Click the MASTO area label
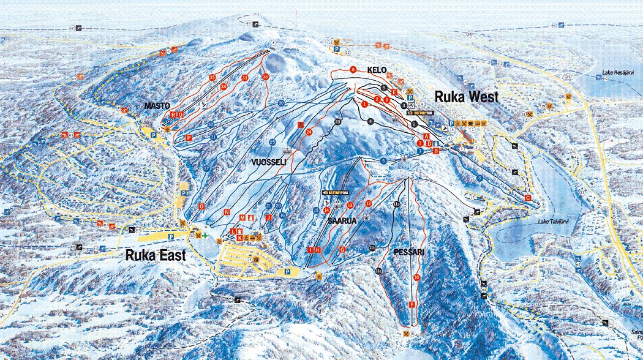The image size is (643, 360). [157, 106]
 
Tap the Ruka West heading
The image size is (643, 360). [467, 96]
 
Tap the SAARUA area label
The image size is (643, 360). [342, 220]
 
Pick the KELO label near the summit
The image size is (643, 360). [377, 70]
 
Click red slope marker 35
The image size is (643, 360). [212, 78]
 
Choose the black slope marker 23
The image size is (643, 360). [337, 122]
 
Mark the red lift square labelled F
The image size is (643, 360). [412, 304]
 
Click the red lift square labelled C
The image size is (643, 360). [528, 198]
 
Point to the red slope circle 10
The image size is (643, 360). [416, 277]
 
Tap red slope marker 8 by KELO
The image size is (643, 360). [353, 70]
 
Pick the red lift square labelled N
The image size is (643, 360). [227, 212]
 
